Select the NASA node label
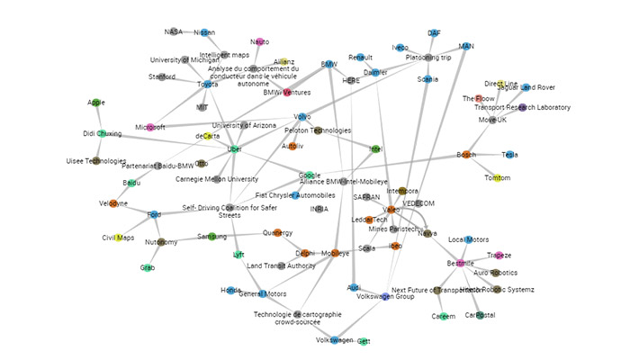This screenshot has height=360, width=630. pyautogui.click(x=173, y=31)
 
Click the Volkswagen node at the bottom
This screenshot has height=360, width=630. pyautogui.click(x=334, y=340)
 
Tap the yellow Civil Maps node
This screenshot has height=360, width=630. pyautogui.click(x=119, y=238)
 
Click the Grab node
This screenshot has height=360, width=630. pyautogui.click(x=148, y=267)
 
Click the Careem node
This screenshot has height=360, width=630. pyautogui.click(x=443, y=316)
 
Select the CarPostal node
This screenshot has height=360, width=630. pyautogui.click(x=479, y=315)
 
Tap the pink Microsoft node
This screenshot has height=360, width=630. pyautogui.click(x=150, y=128)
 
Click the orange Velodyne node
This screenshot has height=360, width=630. pyautogui.click(x=113, y=204)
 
